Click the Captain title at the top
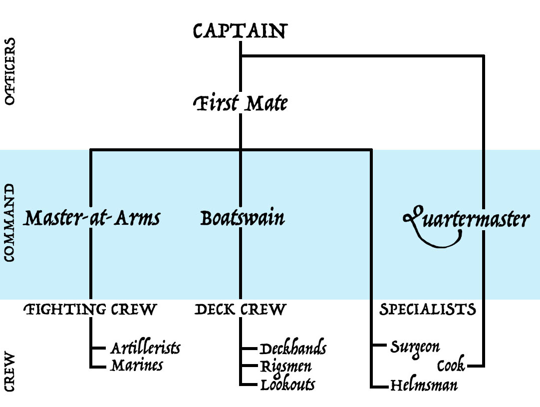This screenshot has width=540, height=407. click(x=240, y=31)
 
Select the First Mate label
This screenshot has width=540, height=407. click(x=240, y=104)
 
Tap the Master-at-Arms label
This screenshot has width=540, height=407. click(x=92, y=219)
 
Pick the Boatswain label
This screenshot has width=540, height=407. click(x=243, y=219)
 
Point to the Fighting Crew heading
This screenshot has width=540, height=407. click(x=90, y=310)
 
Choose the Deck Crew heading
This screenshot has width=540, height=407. click(x=240, y=310)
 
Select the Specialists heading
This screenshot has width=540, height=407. click(x=428, y=310)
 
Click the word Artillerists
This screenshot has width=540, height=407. click(x=145, y=348)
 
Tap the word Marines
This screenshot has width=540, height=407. click(x=137, y=366)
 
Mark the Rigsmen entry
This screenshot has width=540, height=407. click(x=286, y=367)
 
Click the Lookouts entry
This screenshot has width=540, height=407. click(x=287, y=385)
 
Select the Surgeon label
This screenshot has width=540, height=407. click(x=415, y=347)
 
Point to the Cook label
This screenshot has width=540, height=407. click(x=451, y=366)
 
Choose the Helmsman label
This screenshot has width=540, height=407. click(x=424, y=386)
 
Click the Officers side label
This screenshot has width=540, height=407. click(x=9, y=71)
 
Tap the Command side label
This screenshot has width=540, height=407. click(x=9, y=223)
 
